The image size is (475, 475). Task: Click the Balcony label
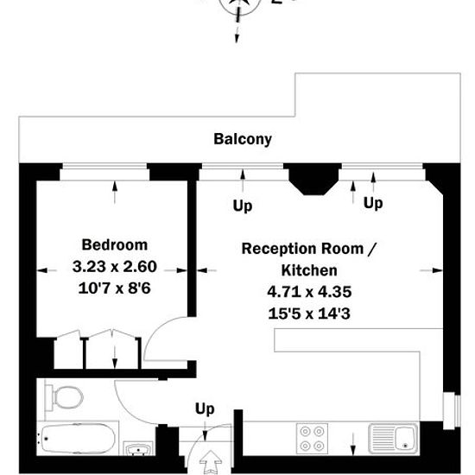(x=243, y=139)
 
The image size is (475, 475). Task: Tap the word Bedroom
(x=115, y=244)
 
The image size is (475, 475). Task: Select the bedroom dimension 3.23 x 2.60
(x=115, y=267)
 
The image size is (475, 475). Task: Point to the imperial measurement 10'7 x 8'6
(x=114, y=288)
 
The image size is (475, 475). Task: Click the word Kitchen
(x=309, y=270)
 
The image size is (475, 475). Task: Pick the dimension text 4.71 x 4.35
(x=309, y=292)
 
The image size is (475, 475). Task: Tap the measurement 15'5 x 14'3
(x=309, y=313)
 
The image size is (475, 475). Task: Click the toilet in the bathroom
(x=64, y=398)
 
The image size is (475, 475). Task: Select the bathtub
(x=77, y=439)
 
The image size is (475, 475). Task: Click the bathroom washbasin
(x=138, y=448)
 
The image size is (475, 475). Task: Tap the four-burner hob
(x=312, y=439)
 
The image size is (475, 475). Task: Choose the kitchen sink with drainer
(x=393, y=439)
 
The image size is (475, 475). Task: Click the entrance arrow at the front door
(x=211, y=463)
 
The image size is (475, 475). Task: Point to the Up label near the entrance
(x=205, y=409)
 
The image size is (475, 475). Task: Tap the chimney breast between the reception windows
(x=313, y=179)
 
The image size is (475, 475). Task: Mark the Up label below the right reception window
(x=373, y=203)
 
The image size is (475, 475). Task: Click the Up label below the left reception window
(x=243, y=206)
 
